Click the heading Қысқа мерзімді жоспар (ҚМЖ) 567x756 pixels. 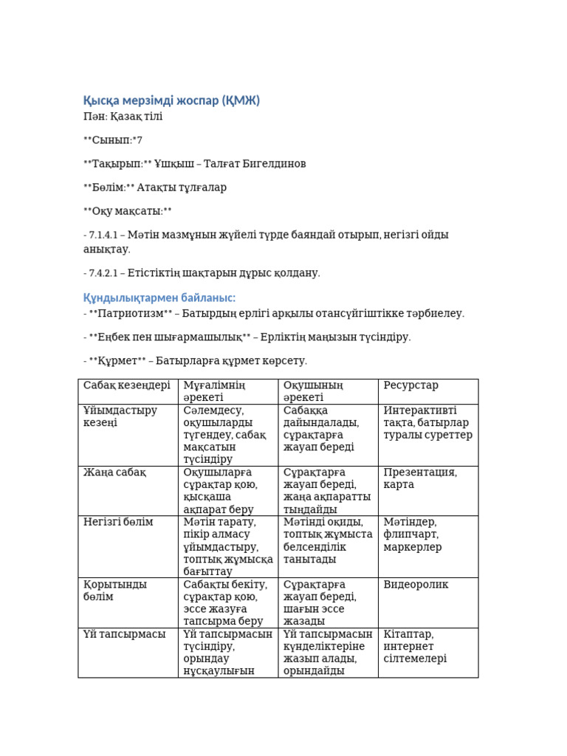pos(171,100)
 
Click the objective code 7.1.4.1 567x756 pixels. pos(105,235)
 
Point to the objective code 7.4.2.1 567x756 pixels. pos(105,272)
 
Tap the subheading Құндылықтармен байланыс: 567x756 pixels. pos(159,298)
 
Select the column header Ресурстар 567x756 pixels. pos(411,385)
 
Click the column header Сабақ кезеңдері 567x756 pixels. pos(127,385)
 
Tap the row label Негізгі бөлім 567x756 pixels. pos(118,522)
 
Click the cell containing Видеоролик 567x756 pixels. pos(416,585)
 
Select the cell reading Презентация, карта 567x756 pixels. pos(420,478)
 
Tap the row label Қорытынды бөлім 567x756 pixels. pos(115,591)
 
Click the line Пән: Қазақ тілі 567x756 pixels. pos(123,117)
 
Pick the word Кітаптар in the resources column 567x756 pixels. pos(408,634)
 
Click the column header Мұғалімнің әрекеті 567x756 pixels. pos(214,391)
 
